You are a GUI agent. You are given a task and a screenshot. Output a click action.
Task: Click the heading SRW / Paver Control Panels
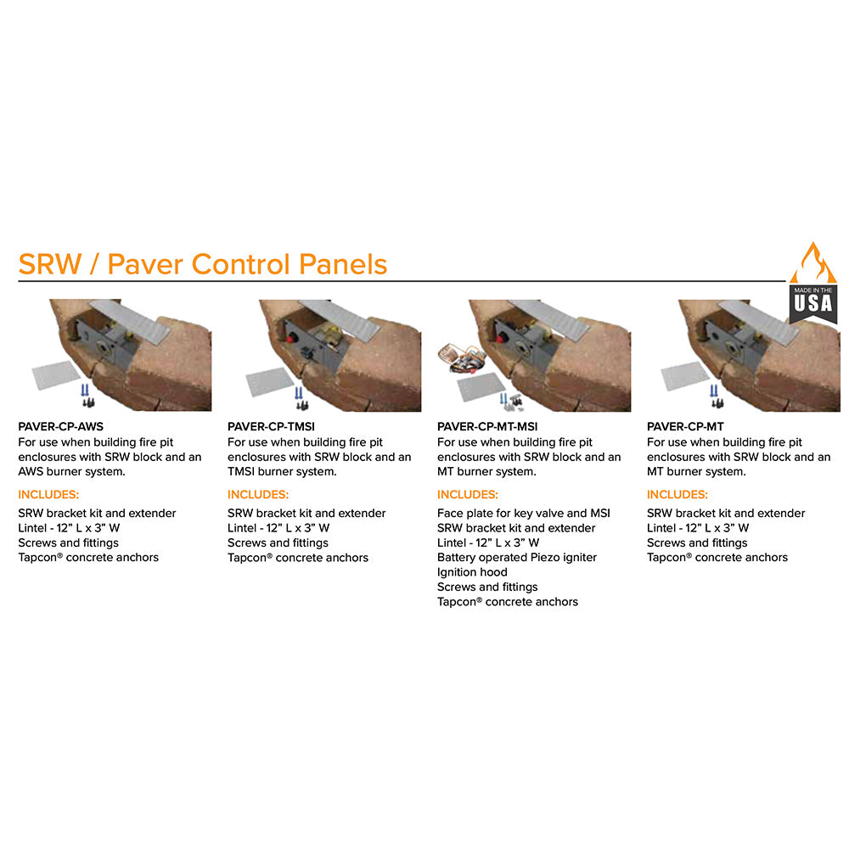(x=203, y=264)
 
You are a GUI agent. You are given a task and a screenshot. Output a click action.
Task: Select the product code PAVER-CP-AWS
(x=61, y=427)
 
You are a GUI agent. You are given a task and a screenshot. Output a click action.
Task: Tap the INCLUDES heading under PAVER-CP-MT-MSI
(x=468, y=494)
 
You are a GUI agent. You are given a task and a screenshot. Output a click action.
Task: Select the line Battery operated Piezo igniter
(x=517, y=558)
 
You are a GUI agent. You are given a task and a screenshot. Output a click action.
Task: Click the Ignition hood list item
(x=472, y=572)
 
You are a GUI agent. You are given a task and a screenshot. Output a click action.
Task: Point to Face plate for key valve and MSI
(x=524, y=513)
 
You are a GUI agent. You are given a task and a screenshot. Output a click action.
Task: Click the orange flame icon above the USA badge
(x=813, y=263)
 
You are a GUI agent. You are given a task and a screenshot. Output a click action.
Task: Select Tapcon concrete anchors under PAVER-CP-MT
(x=717, y=558)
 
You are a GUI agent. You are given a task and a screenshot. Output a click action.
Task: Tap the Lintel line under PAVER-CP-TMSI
(x=278, y=528)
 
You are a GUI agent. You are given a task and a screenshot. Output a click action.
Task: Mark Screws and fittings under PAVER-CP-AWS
(x=68, y=543)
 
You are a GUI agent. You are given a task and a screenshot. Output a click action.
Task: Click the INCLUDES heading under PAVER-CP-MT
(x=678, y=494)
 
